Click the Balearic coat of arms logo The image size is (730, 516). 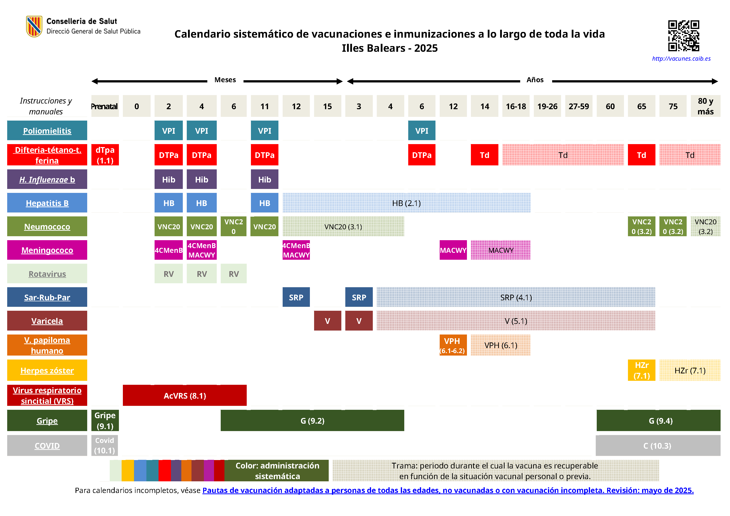(x=34, y=26)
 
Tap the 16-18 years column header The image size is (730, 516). (x=516, y=106)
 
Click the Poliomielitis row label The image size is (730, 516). (x=47, y=130)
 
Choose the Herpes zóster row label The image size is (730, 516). (x=47, y=370)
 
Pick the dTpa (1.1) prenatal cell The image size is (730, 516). (x=105, y=155)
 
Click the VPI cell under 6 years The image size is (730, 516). (x=422, y=130)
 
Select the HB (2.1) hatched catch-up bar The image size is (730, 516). (x=406, y=203)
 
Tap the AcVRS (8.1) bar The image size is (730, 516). (x=185, y=396)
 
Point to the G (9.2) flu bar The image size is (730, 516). (x=312, y=421)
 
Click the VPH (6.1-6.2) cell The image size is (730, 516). (x=453, y=345)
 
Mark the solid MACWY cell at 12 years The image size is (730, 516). (x=453, y=250)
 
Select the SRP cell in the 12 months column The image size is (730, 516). (x=296, y=297)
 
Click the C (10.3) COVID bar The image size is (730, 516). (x=657, y=446)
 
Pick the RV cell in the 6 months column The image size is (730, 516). (x=234, y=274)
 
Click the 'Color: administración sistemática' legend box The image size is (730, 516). (x=277, y=470)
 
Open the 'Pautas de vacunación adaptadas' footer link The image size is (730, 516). (x=448, y=490)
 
